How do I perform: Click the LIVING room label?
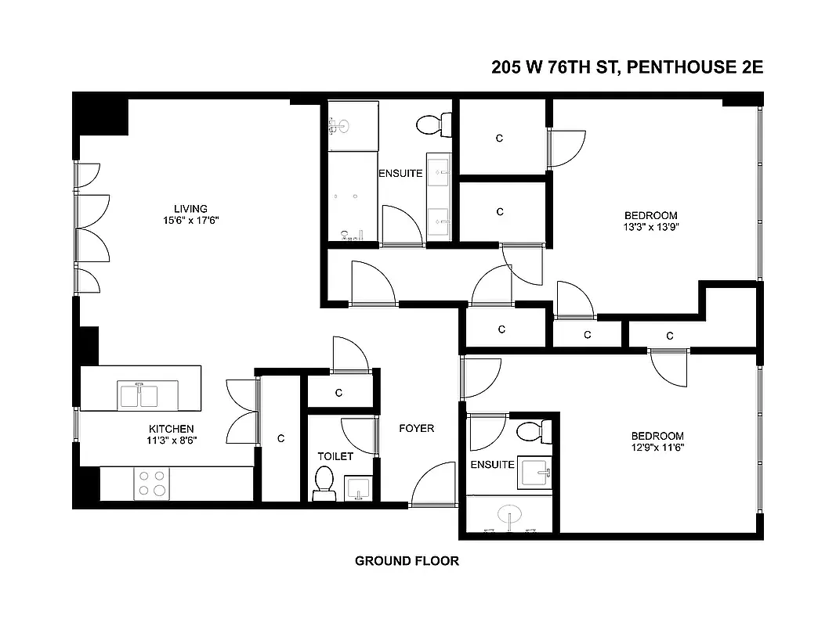point(190,209)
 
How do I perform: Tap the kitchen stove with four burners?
point(151,483)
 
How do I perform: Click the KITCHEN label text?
point(172,429)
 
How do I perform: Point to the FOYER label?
point(416,428)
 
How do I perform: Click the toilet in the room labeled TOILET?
point(324,483)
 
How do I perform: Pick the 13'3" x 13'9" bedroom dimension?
point(650,228)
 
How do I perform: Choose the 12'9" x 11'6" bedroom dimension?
point(658,448)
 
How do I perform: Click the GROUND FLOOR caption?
point(407,561)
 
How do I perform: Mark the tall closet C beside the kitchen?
point(280,439)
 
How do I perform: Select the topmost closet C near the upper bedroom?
point(500,139)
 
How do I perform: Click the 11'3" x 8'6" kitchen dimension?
point(172,441)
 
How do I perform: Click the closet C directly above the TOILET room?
point(339,393)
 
